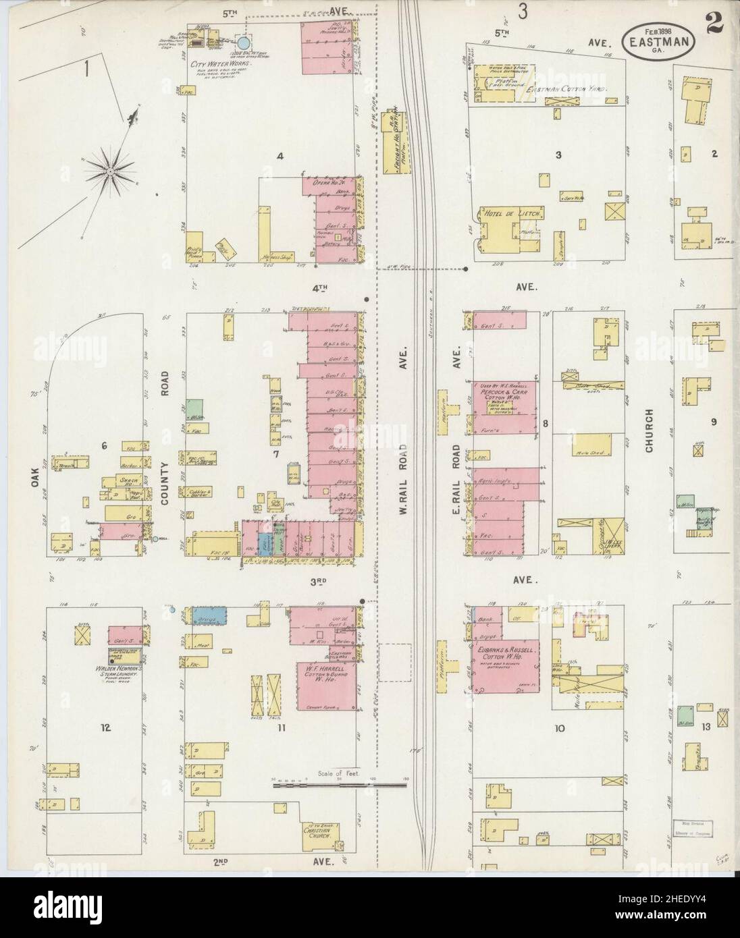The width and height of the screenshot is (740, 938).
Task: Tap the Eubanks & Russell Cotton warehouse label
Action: pos(506,653)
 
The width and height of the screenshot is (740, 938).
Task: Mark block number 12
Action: pos(105,727)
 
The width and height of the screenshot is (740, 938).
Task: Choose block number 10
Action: pos(559,728)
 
